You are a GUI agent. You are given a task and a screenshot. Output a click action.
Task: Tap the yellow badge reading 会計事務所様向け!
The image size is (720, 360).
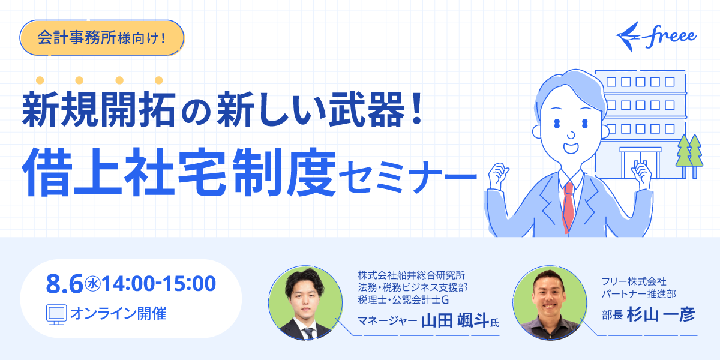pos(102,38)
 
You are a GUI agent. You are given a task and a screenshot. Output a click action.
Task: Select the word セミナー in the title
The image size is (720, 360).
pos(407,177)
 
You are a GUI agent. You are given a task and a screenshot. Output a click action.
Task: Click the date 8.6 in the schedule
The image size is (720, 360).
pos(64,284)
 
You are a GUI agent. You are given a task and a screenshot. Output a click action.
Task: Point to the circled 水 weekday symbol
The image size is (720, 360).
pos(92,284)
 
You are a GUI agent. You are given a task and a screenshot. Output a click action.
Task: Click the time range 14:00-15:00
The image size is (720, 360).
pos(159,284)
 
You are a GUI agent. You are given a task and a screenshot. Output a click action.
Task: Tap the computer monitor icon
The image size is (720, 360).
pos(56,314)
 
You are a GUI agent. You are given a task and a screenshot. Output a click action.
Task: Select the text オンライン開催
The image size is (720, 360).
pos(118,314)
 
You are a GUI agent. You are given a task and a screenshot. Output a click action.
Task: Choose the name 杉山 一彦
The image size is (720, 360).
pos(661,314)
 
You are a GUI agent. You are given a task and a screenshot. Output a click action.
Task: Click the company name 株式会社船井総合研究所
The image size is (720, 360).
pos(412,275)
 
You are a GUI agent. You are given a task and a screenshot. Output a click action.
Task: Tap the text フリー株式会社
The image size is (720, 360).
pos(634,281)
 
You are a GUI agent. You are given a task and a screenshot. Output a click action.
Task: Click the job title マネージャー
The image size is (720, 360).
pos(388,321)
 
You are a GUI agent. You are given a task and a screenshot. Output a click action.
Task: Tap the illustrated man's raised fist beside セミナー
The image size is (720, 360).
pos(498,175)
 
